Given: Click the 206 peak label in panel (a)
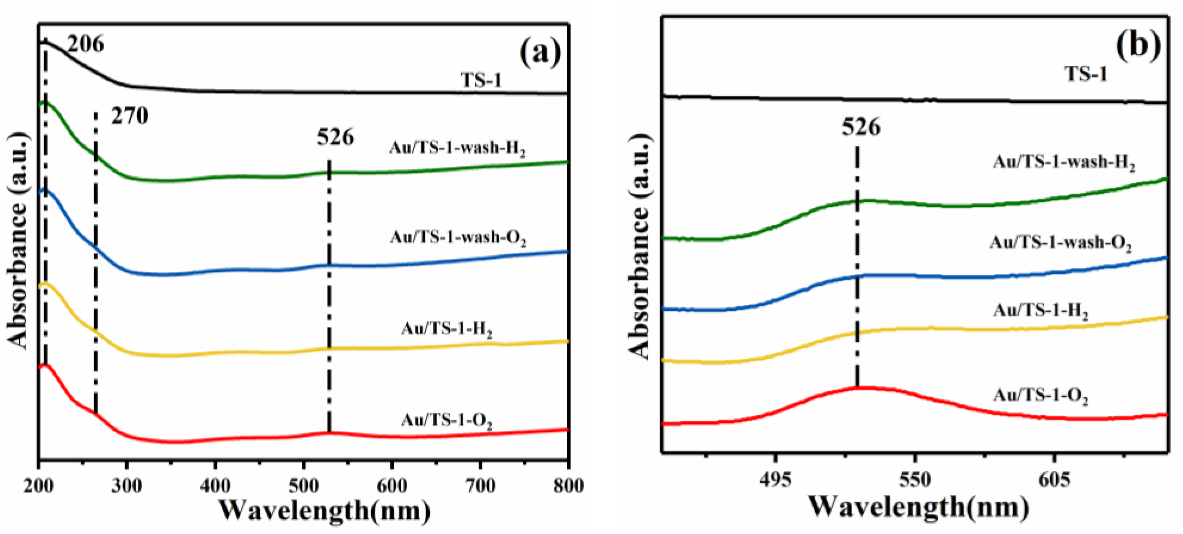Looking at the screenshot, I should [x=85, y=44].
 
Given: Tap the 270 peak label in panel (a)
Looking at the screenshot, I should [x=130, y=116].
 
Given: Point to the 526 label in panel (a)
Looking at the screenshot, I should [x=335, y=137].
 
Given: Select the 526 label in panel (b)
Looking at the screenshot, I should [x=861, y=127].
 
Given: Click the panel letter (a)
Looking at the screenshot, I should [x=540, y=53].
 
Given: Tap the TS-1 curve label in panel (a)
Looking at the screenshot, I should [x=481, y=80].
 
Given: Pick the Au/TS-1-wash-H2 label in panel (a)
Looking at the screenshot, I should [x=458, y=148].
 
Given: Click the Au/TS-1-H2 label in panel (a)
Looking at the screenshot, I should [x=447, y=329].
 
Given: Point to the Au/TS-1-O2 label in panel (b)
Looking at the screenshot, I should [x=1041, y=395].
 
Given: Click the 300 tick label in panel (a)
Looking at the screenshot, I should [x=127, y=486].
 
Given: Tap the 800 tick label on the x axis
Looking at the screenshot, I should [x=568, y=486].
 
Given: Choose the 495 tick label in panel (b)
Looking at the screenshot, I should [x=776, y=481].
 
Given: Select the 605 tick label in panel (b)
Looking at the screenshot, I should [x=1053, y=481].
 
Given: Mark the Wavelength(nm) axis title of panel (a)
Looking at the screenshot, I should [x=324, y=510].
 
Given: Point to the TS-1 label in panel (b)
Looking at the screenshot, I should [x=1086, y=74].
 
